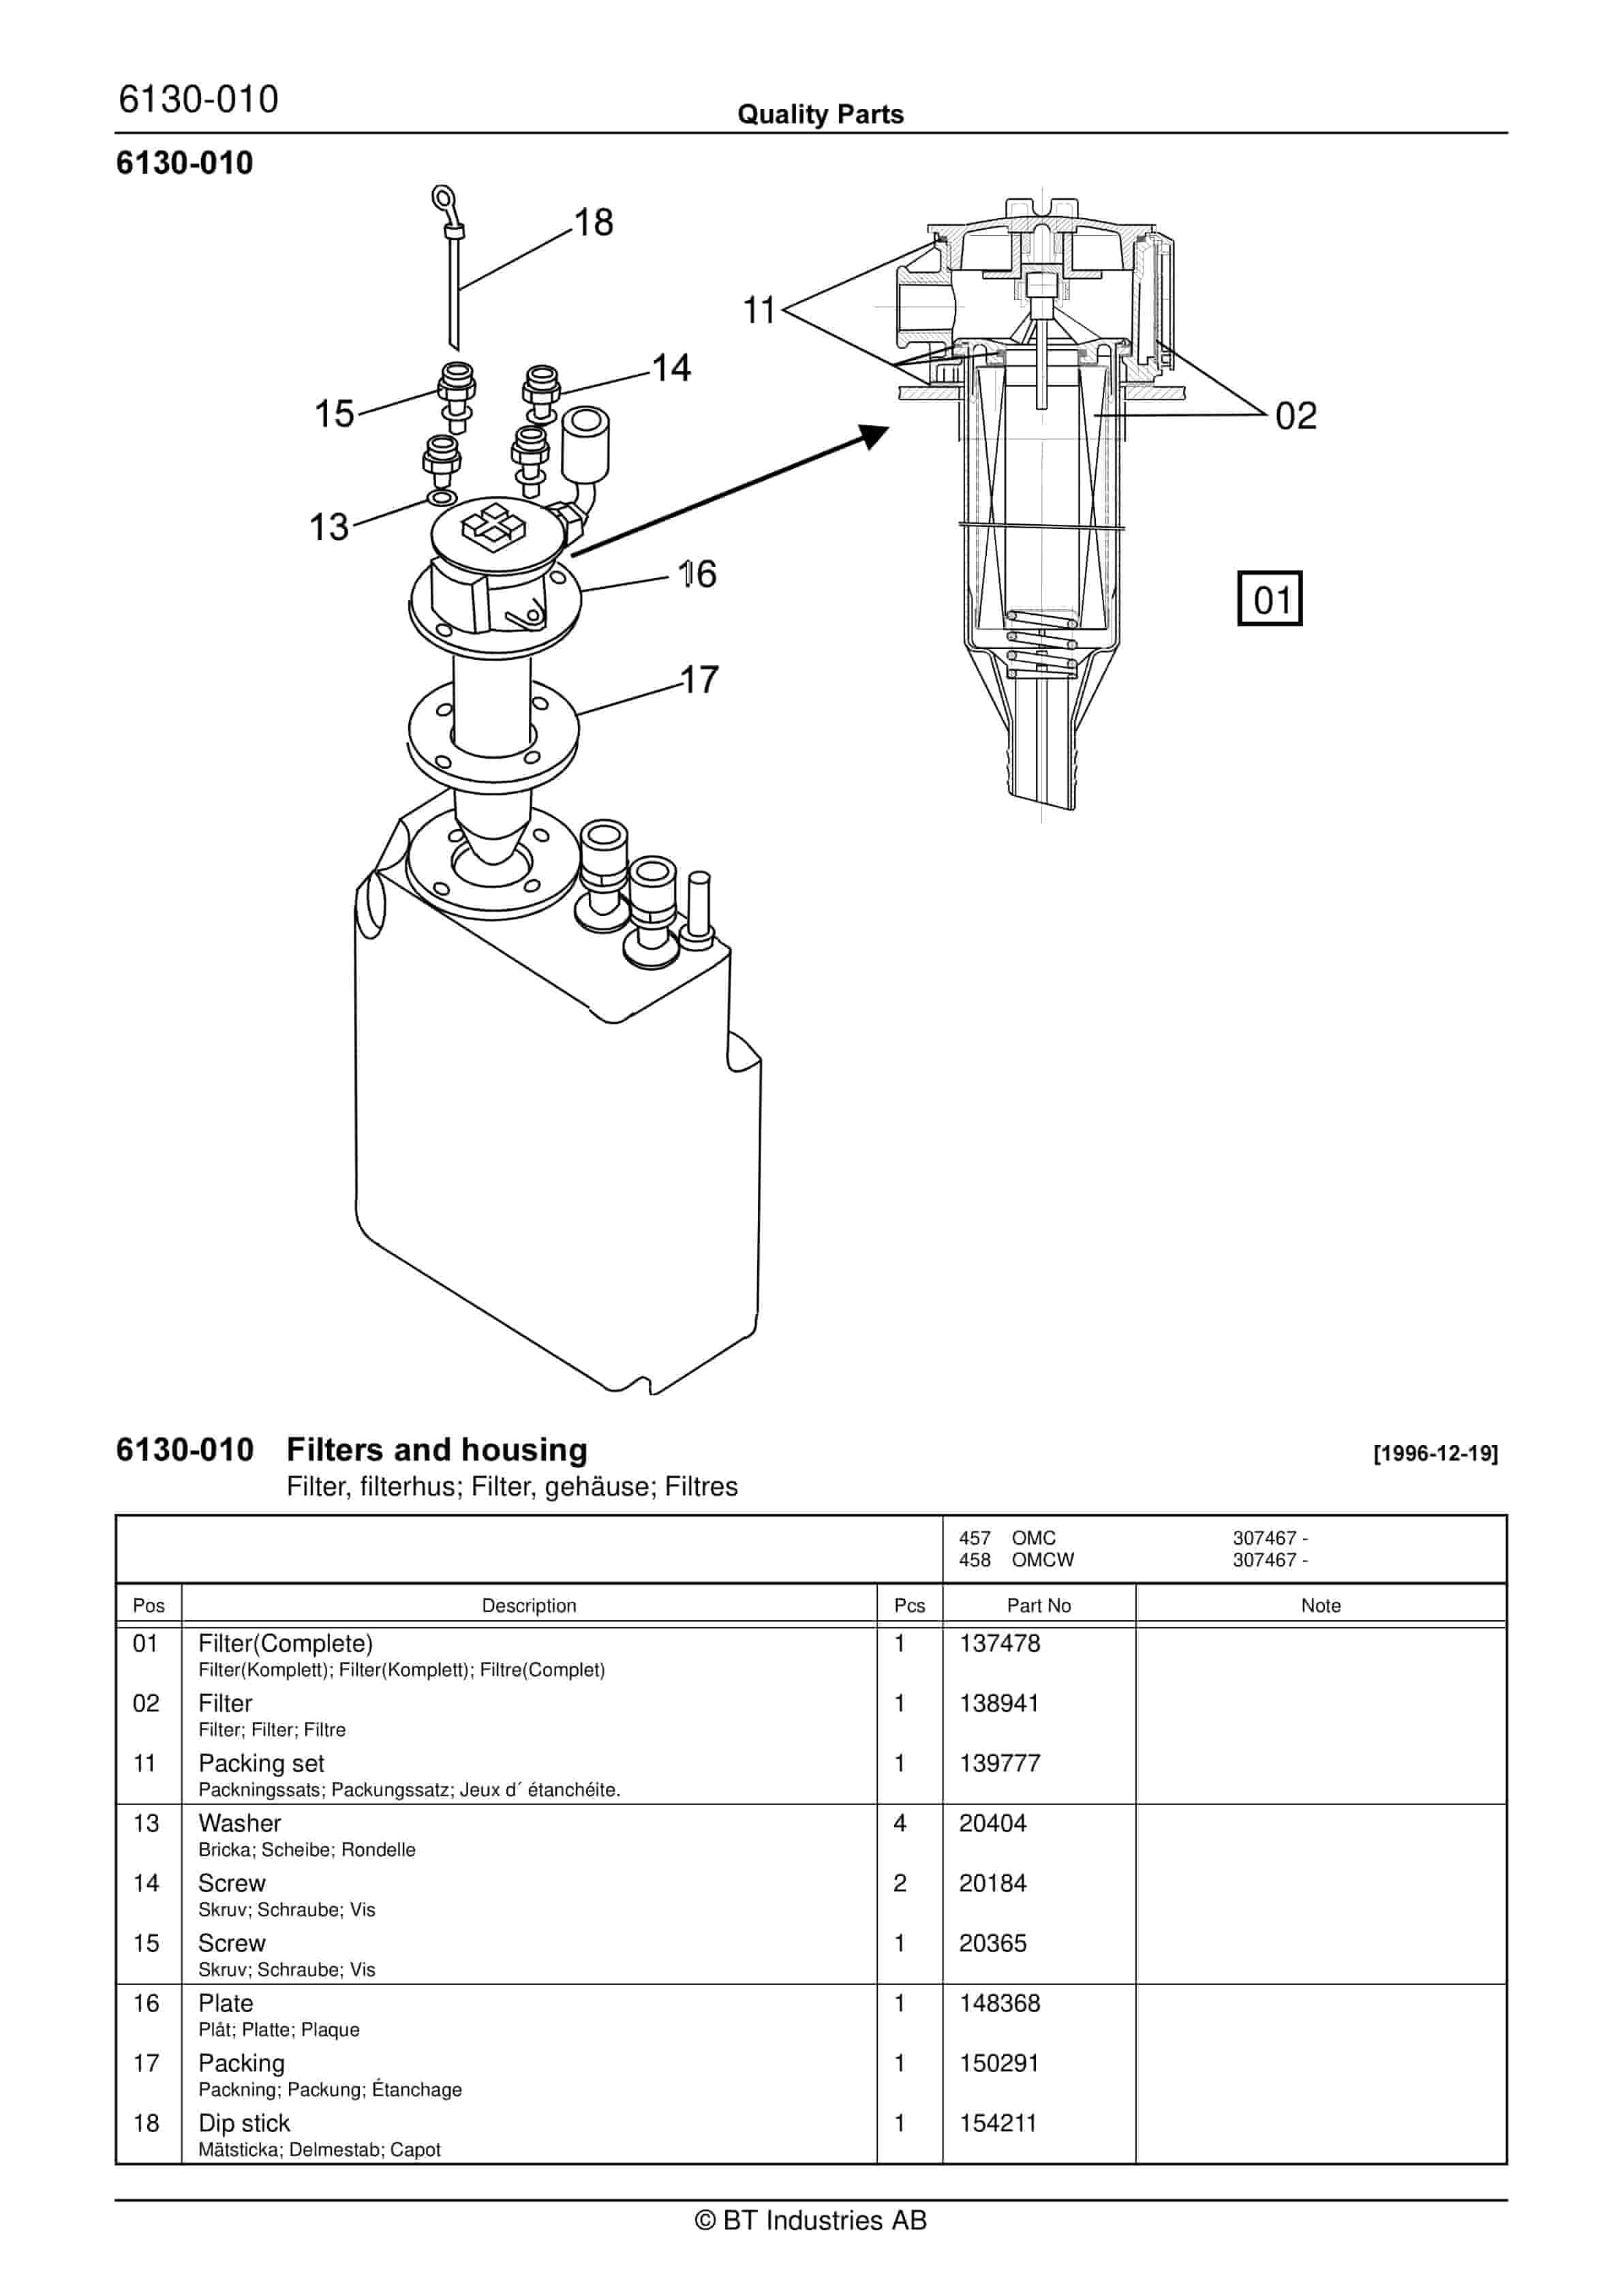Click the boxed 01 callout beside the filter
click(1270, 598)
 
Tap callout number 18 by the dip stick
click(594, 222)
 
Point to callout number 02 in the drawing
click(1296, 416)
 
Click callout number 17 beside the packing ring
click(699, 679)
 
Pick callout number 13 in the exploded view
click(328, 526)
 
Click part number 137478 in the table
click(1000, 1643)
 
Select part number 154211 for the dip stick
click(998, 2122)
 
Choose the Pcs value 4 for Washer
click(900, 1823)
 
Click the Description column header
click(528, 1605)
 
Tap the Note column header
click(1320, 1605)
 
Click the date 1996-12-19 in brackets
click(1435, 1453)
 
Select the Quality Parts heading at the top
click(820, 114)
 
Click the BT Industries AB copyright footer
click(811, 2220)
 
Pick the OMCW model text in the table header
click(1043, 1559)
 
